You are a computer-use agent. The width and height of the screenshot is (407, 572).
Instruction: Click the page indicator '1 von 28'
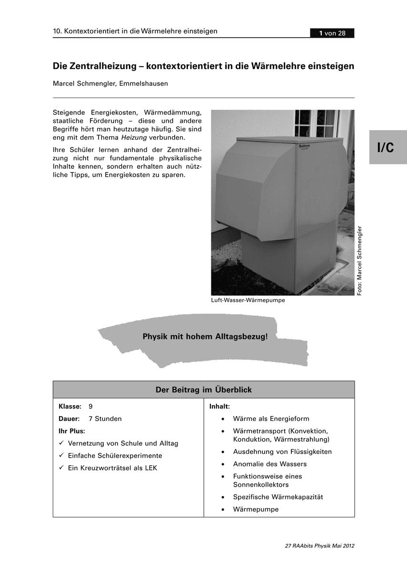(332, 33)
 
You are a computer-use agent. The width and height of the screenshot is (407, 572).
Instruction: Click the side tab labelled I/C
(386, 148)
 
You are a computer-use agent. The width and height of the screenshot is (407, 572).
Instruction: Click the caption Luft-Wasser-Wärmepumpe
(248, 300)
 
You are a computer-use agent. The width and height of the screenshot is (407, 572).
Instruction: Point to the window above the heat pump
(317, 123)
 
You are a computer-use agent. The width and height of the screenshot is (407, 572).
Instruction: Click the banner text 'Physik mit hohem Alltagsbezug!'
(205, 336)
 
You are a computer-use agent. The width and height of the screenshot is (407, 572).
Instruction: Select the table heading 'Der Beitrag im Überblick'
(204, 390)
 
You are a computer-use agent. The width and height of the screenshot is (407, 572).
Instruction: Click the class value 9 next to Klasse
(90, 407)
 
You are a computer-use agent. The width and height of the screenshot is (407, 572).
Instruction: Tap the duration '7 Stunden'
(105, 419)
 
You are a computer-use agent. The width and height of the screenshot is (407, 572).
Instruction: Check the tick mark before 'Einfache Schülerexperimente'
(61, 456)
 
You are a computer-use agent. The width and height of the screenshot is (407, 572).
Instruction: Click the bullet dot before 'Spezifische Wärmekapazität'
(223, 497)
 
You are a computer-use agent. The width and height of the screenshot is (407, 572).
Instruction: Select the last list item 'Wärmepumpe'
(256, 509)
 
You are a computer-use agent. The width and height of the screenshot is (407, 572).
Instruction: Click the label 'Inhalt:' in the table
(219, 407)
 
